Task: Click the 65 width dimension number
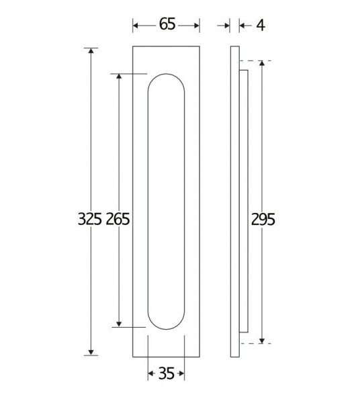(x=167, y=24)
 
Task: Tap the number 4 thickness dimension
(x=261, y=26)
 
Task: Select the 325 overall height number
(x=90, y=219)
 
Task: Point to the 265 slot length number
(x=118, y=219)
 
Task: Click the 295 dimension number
(x=263, y=220)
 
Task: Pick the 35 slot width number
(x=167, y=373)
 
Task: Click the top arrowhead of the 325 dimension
(x=91, y=50)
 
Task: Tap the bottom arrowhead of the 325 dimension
(x=91, y=353)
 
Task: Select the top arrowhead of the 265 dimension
(x=119, y=77)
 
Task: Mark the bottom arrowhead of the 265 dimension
(x=119, y=324)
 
